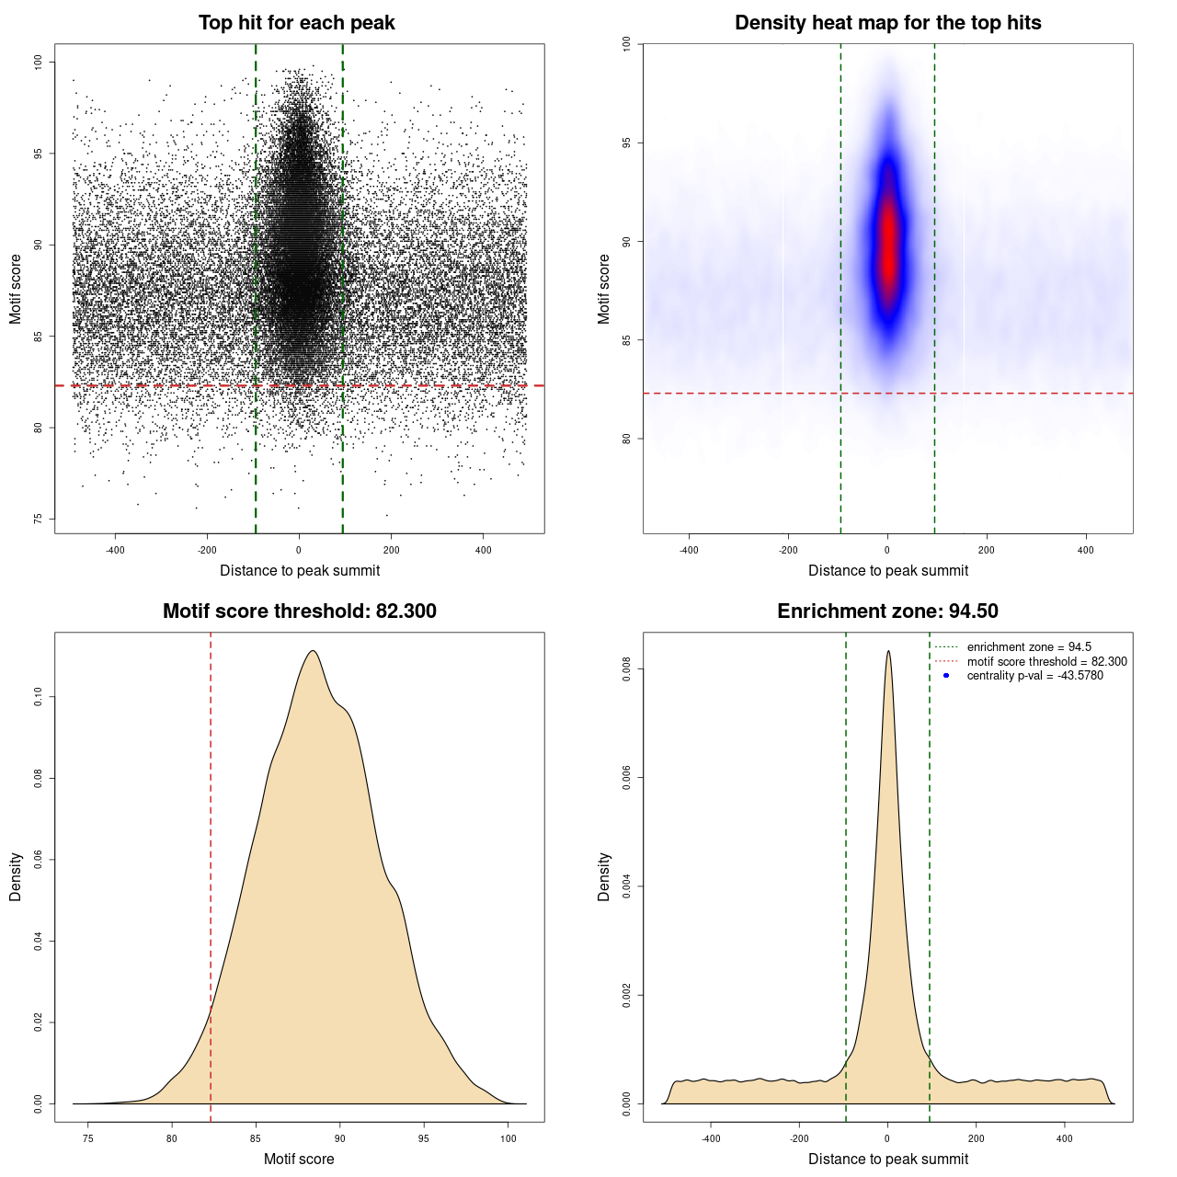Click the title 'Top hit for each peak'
296,23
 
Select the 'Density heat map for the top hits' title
887,23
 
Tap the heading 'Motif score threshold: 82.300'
299,611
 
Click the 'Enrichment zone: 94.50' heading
887,611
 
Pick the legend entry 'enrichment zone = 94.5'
1029,647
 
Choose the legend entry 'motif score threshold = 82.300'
1046,661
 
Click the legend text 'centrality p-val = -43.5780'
1034,676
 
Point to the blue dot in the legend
946,676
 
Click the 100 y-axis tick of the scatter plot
38,62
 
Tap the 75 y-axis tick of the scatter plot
38,519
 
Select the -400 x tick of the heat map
689,550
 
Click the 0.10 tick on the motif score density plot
38,697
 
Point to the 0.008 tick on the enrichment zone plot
626,669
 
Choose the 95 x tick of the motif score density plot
424,1138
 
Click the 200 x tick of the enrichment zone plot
977,1138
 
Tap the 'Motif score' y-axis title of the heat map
604,289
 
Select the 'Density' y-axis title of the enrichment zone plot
604,876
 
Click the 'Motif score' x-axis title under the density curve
299,1159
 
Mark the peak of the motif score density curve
314,651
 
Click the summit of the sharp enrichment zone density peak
888,651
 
